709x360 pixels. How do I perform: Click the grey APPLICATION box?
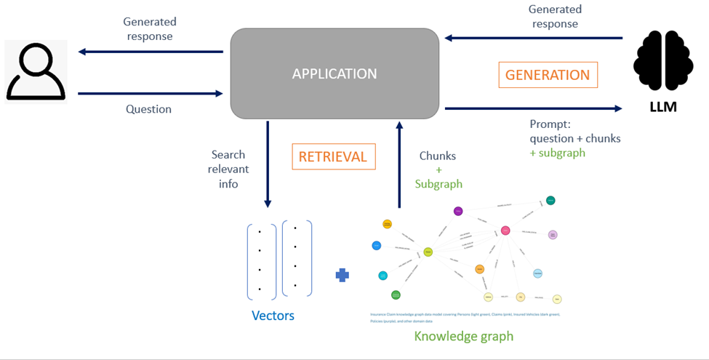point(335,73)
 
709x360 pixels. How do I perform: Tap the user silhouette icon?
point(36,71)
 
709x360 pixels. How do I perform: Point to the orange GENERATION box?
point(548,75)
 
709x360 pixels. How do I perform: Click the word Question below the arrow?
point(148,109)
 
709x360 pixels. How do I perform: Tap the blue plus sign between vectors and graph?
point(342,275)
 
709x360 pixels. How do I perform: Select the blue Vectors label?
point(273,316)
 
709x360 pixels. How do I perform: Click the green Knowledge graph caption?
point(464,336)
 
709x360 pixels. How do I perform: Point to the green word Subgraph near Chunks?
point(438,184)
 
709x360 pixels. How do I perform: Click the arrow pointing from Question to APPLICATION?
point(150,93)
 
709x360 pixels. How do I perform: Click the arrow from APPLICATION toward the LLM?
point(533,108)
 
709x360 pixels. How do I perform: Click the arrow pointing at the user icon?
point(150,52)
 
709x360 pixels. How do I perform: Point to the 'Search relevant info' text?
point(228,169)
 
